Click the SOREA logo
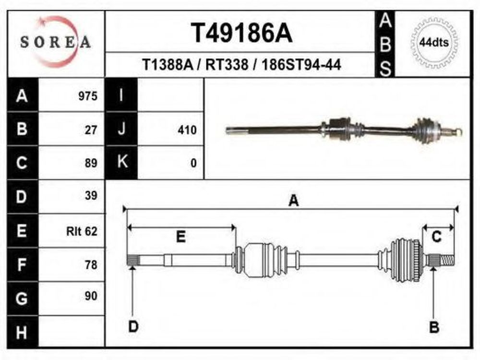[55, 42]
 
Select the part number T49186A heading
[242, 34]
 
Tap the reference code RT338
[227, 65]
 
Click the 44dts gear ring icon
[434, 43]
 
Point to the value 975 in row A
[88, 96]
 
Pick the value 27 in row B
[91, 130]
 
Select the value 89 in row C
[91, 163]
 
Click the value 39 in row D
[91, 195]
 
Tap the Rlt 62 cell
[82, 231]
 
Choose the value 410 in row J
[187, 130]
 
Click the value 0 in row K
[193, 163]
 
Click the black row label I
[121, 95]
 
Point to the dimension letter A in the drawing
[294, 201]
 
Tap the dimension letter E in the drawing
[181, 237]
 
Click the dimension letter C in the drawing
[436, 236]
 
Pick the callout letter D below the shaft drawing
[133, 326]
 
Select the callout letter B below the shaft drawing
[434, 327]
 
